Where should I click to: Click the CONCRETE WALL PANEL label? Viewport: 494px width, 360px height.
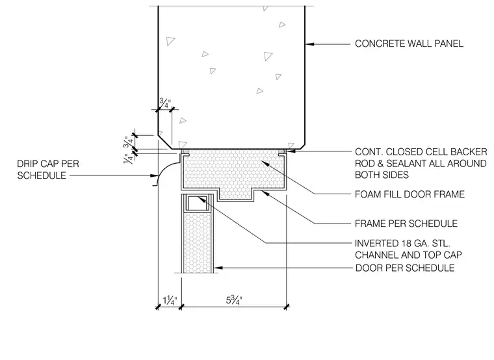[x=409, y=44]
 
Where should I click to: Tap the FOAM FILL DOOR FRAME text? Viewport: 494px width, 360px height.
[x=409, y=194]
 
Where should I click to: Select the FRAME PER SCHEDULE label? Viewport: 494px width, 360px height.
[x=406, y=224]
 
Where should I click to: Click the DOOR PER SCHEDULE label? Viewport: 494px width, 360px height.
[x=405, y=268]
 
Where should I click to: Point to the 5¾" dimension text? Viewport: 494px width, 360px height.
[x=234, y=300]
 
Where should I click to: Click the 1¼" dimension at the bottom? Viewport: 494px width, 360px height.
[x=170, y=300]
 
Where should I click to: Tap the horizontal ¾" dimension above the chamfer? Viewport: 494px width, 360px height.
[x=164, y=103]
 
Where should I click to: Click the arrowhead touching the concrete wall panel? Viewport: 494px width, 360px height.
[x=309, y=44]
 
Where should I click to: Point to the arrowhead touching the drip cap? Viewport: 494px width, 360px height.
[x=154, y=175]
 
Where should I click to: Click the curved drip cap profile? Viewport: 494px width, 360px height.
[x=161, y=173]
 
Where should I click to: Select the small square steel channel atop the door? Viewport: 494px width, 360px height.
[x=196, y=203]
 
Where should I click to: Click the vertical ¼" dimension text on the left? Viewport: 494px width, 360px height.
[x=128, y=159]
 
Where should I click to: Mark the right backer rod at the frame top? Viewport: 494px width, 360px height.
[x=282, y=152]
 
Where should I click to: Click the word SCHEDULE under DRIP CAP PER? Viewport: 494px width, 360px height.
[x=42, y=175]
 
